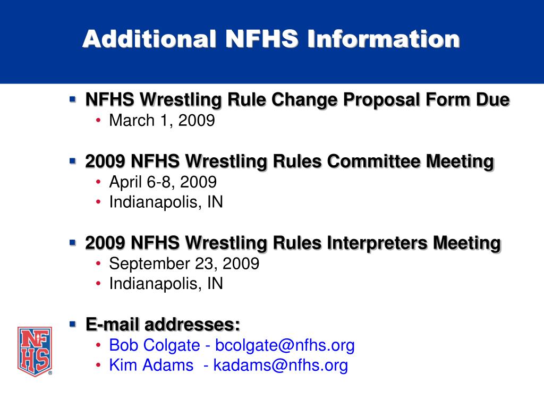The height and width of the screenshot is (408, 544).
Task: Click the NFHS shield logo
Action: point(35,351)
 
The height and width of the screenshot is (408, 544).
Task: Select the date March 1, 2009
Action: point(161,121)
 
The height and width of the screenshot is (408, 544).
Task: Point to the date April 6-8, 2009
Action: point(163,182)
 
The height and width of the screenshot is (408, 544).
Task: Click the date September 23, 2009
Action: point(184,264)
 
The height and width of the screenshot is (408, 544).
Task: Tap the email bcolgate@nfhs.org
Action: point(284,345)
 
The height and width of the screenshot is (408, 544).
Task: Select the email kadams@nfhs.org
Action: point(280,365)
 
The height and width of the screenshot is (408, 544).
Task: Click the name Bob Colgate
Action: point(155,345)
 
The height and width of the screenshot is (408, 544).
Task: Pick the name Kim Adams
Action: point(151,365)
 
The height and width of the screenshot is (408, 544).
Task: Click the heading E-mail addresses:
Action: point(163,324)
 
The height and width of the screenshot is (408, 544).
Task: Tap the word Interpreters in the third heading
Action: point(377,243)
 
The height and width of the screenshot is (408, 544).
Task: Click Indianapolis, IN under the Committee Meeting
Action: point(166,202)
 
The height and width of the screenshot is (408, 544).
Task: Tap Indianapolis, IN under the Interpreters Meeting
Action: point(166,284)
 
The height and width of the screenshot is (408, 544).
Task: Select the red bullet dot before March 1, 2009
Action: point(99,121)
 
